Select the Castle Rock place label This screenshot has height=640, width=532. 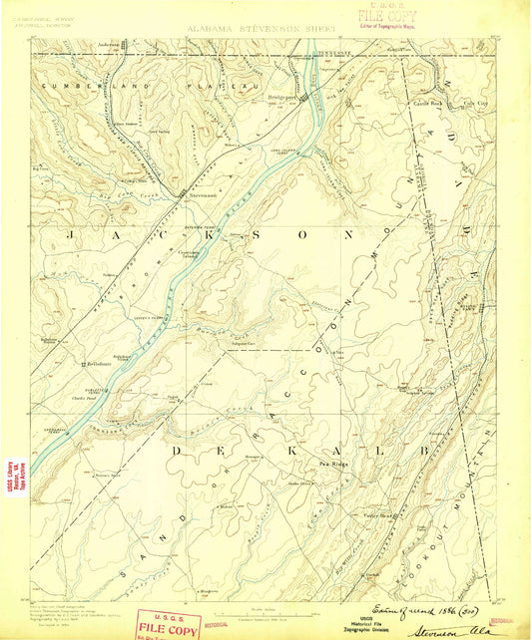pos(416,102)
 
